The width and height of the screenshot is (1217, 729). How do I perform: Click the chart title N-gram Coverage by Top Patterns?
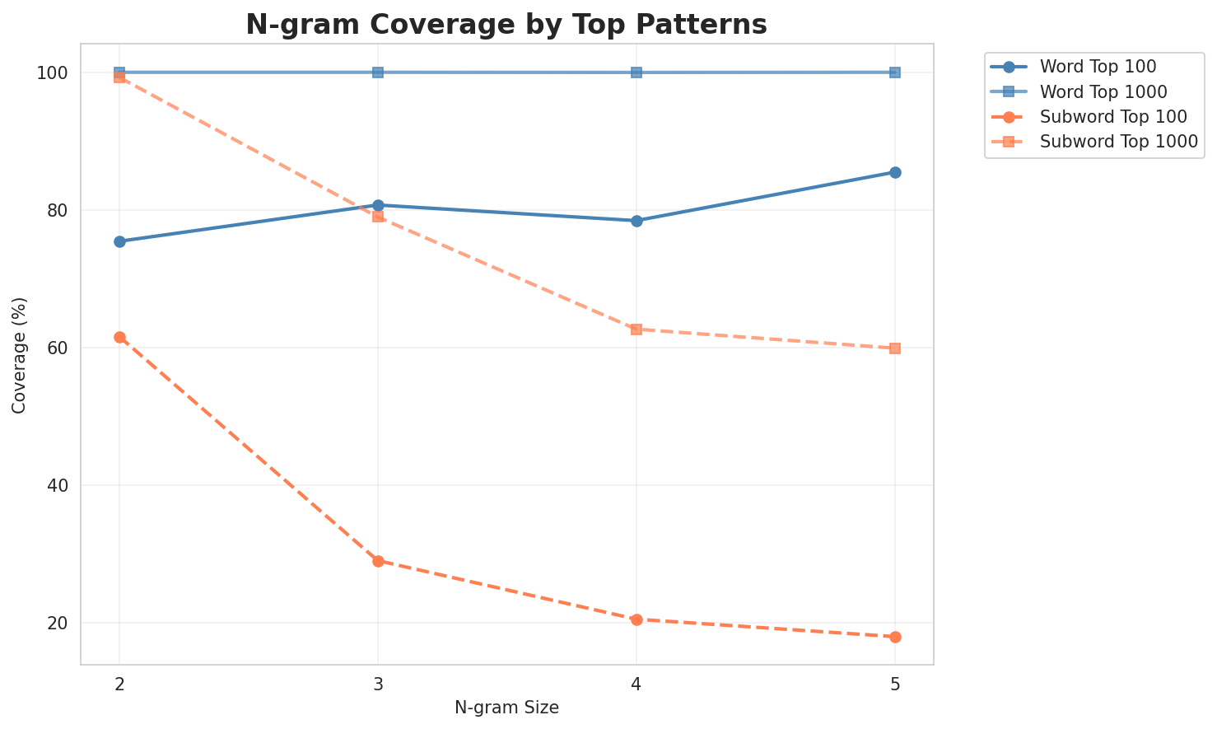coord(506,25)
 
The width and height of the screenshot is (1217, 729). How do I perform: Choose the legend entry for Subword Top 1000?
coord(1117,141)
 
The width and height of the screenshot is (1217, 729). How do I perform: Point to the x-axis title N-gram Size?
coord(506,708)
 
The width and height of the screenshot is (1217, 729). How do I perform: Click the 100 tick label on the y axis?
coord(52,72)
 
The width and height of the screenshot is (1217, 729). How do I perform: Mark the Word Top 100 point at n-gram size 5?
coord(895,172)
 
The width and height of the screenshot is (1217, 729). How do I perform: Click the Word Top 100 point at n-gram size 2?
coord(119,241)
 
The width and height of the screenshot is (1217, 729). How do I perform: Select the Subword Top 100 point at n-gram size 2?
coord(119,337)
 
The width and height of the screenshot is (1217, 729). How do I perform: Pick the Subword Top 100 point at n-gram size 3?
coord(378,561)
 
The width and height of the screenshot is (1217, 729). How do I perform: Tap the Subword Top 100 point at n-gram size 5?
coord(895,637)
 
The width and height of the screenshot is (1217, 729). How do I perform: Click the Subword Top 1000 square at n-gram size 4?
coord(636,329)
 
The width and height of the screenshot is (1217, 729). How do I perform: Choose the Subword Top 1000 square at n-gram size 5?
coord(895,348)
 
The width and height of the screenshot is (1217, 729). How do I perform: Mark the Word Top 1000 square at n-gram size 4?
coord(636,72)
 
